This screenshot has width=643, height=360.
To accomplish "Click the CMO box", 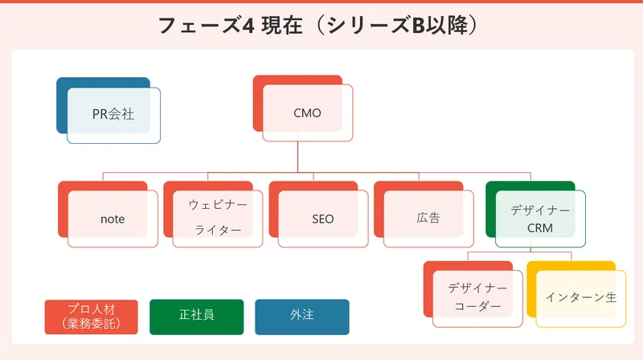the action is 303,108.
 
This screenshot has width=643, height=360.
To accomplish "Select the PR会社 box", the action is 109,110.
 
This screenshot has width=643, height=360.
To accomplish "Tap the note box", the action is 108,215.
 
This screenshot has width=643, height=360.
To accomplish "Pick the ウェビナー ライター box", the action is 213,215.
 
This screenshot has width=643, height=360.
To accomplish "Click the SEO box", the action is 318,215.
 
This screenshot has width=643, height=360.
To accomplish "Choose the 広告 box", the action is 424,215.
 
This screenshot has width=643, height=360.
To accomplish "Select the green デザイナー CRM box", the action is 535,215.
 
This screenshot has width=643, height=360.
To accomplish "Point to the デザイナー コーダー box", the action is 473,294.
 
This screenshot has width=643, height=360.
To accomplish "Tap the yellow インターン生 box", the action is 576,294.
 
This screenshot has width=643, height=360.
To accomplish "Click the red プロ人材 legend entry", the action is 91,317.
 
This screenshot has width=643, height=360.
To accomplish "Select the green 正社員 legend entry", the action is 196,317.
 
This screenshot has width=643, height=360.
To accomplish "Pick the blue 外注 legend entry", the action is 302,317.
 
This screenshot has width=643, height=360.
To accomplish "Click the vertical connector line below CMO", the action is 297,157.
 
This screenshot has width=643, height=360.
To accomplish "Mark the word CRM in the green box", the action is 539,228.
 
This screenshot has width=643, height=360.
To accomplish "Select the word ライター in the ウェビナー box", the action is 218,231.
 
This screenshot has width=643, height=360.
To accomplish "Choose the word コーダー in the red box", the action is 477,306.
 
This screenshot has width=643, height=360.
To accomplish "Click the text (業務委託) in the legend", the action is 91,324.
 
